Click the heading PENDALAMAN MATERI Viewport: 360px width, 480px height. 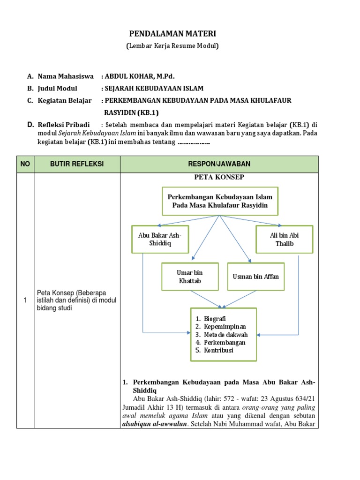pyautogui.click(x=172, y=34)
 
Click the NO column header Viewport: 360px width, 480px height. pyautogui.click(x=25, y=164)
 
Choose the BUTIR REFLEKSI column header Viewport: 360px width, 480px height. pyautogui.click(x=77, y=164)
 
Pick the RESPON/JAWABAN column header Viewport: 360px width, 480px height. pyautogui.click(x=219, y=164)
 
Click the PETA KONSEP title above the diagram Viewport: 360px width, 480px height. pyautogui.click(x=219, y=177)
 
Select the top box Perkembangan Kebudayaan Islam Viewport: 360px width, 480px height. pyautogui.click(x=219, y=201)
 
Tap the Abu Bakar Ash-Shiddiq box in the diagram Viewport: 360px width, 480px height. pyautogui.click(x=157, y=239)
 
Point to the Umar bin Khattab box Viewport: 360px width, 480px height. pyautogui.click(x=190, y=276)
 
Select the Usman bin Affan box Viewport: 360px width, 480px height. pyautogui.click(x=255, y=276)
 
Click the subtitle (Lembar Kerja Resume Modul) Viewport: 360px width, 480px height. pyautogui.click(x=172, y=46)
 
